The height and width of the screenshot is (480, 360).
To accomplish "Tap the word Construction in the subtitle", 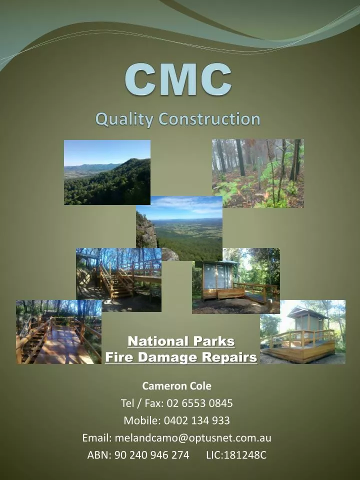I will (x=209, y=119).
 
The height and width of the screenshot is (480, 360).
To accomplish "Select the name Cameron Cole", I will (x=177, y=386).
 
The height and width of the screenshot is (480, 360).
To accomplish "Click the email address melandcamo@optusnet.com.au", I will (x=193, y=437).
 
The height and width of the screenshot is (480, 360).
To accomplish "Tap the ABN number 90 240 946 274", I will (x=152, y=455).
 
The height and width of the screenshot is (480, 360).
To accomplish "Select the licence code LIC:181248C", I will (x=236, y=455).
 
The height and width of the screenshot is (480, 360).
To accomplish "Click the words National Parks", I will (x=181, y=341).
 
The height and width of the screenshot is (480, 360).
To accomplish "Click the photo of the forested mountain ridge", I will (x=107, y=172).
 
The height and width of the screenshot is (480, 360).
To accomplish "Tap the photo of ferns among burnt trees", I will (x=257, y=173).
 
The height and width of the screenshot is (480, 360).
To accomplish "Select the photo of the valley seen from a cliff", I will (x=185, y=225).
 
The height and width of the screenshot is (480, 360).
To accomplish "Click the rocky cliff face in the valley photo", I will (x=146, y=231).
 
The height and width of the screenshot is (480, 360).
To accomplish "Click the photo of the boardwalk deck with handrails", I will (x=58, y=332).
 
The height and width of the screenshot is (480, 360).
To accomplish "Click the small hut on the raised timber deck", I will (x=308, y=325).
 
